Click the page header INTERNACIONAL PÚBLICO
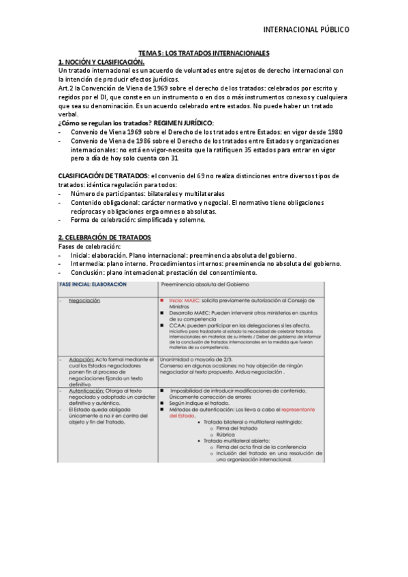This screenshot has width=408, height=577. (x=306, y=30)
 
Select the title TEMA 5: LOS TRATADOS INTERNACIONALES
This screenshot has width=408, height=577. (x=204, y=53)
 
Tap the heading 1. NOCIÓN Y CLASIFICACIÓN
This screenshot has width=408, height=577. (x=101, y=62)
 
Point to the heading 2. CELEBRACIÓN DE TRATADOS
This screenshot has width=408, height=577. (x=104, y=237)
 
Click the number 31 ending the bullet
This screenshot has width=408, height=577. (x=175, y=158)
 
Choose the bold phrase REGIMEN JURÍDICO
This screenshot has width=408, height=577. (x=183, y=122)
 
